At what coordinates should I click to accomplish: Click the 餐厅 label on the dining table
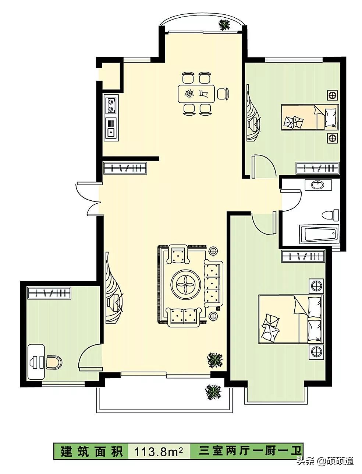(196, 94)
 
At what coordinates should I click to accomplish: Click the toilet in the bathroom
(330, 215)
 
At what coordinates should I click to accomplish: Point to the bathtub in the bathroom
(319, 234)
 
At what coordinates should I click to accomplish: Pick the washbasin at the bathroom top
(318, 185)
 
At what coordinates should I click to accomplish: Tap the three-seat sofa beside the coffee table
(213, 284)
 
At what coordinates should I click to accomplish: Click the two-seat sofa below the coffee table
(184, 317)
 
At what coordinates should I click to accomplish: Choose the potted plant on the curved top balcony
(225, 24)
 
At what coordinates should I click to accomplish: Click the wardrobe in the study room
(49, 293)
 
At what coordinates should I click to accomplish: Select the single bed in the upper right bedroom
(310, 117)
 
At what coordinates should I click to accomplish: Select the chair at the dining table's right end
(223, 94)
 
